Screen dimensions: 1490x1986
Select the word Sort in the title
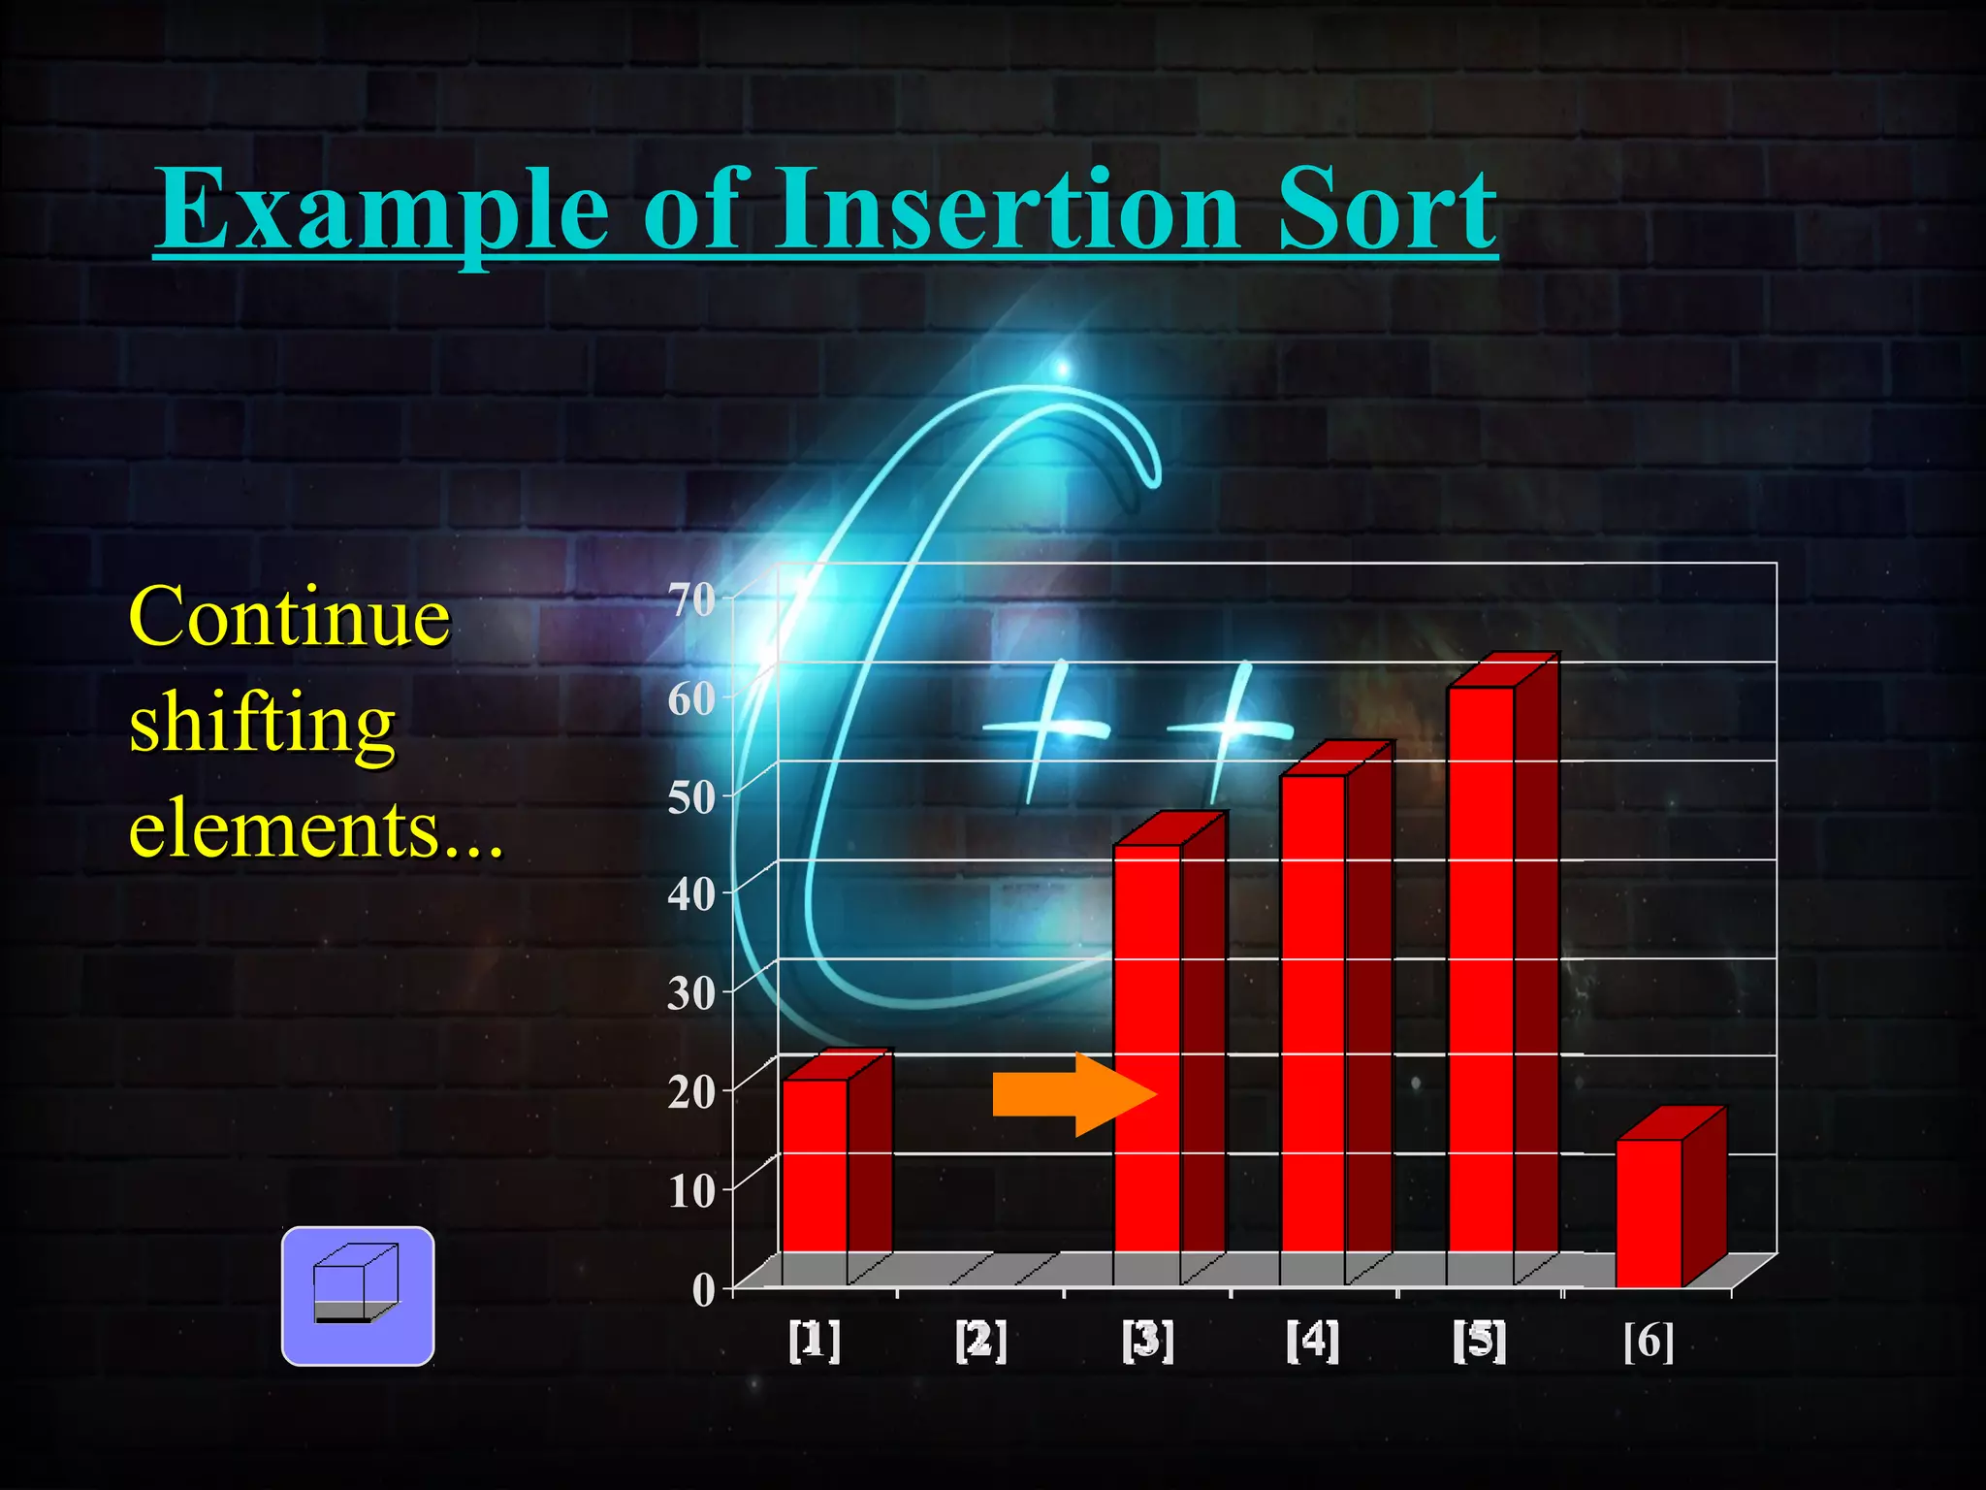(1387, 209)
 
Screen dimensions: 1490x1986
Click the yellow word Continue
(290, 617)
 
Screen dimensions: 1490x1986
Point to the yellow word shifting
(263, 724)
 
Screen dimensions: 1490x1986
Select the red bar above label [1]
(816, 1164)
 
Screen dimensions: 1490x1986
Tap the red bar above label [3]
(1148, 1048)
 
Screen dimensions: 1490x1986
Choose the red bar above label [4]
(1313, 1014)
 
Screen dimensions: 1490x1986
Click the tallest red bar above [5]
(1481, 970)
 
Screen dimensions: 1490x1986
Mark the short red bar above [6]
(1649, 1213)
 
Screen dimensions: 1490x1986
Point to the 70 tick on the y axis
(691, 599)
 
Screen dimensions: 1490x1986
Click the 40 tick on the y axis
(691, 893)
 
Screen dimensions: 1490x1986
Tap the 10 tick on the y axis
(691, 1191)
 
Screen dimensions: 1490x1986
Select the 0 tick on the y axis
(704, 1290)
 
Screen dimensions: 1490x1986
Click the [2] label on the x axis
(981, 1341)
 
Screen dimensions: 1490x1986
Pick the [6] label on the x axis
(1649, 1341)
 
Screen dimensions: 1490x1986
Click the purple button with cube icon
(358, 1296)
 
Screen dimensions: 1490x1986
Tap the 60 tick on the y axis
(691, 698)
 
